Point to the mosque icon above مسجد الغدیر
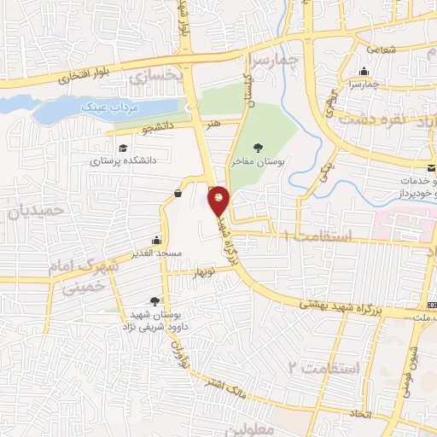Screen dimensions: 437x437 pos(156,241)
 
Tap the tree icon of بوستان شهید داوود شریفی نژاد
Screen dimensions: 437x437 pos(154,300)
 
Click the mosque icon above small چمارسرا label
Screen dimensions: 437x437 pos(364,72)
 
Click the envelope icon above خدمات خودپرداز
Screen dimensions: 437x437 pos(431,163)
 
